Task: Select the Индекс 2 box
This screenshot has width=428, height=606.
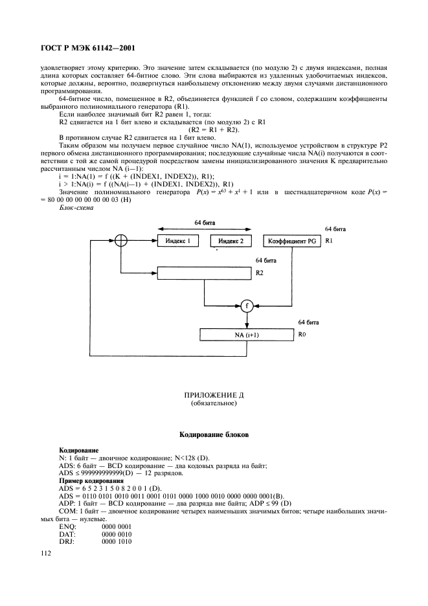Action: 231,241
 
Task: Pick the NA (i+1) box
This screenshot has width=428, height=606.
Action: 247,334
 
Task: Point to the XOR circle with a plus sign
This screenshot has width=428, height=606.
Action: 119,241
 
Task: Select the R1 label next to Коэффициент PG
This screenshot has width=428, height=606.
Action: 328,241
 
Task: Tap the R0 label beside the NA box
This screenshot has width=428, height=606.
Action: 302,334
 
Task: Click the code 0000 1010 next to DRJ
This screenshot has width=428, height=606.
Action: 117,541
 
